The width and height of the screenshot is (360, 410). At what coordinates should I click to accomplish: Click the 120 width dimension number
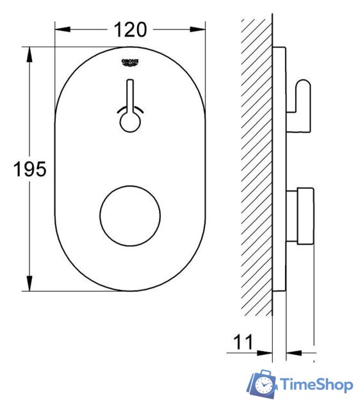[x=130, y=29]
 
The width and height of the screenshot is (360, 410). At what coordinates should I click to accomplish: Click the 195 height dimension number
[x=30, y=169]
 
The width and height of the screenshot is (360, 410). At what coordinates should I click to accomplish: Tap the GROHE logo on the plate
[x=130, y=63]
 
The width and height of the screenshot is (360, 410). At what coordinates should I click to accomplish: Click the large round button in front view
[x=130, y=217]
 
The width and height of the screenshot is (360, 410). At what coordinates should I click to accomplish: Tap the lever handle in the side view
[x=303, y=96]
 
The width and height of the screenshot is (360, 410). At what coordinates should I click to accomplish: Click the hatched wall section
[x=256, y=167]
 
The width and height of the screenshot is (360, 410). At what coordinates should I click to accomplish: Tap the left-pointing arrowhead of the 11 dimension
[x=293, y=352]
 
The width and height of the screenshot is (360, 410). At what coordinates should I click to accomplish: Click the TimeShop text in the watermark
[x=316, y=385]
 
